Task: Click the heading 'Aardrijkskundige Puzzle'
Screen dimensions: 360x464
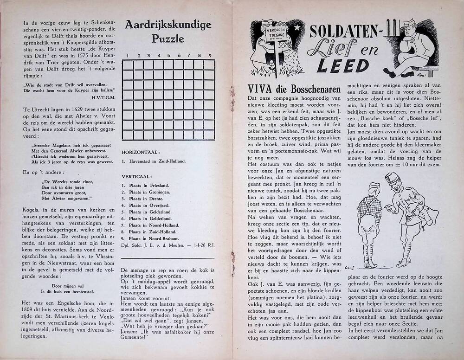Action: tap(168, 31)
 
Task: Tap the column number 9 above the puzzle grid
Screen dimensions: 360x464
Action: tap(210, 56)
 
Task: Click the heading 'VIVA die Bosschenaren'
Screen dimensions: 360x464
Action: tap(294, 89)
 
